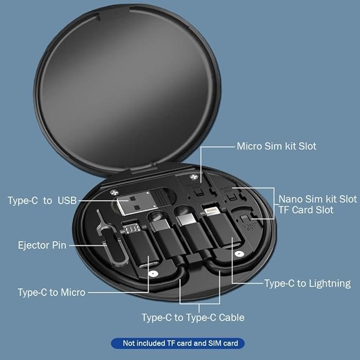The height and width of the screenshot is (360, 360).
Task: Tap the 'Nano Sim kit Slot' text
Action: pyautogui.click(x=318, y=199)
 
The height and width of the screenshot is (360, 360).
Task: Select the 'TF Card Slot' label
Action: pyautogui.click(x=306, y=210)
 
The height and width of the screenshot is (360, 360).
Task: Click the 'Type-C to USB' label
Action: pyautogui.click(x=42, y=200)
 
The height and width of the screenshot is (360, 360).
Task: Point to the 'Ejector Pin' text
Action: pyautogui.click(x=41, y=245)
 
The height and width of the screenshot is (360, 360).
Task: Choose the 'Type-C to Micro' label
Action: pyautogui.click(x=51, y=292)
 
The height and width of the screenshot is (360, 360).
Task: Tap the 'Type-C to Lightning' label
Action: pyautogui.click(x=308, y=283)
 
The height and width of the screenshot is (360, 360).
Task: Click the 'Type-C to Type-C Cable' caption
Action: pyautogui.click(x=193, y=318)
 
